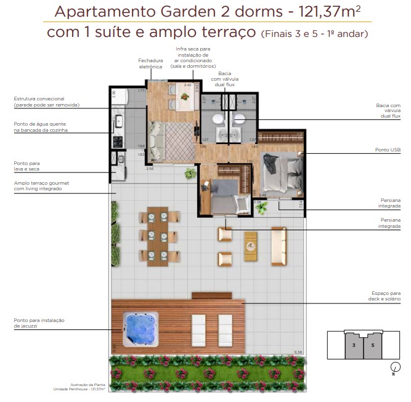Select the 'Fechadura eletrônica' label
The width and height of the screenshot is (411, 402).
[x=150, y=63]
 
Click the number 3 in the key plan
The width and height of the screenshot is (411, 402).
[x=354, y=345]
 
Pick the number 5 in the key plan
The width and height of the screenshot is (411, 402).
[x=372, y=345]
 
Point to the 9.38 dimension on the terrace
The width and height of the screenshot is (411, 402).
[x=299, y=352]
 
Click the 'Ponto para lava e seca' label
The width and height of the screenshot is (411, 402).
[x=30, y=166]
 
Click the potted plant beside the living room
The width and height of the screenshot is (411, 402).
[x=190, y=174]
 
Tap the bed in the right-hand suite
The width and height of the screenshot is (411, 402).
[x=279, y=169]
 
